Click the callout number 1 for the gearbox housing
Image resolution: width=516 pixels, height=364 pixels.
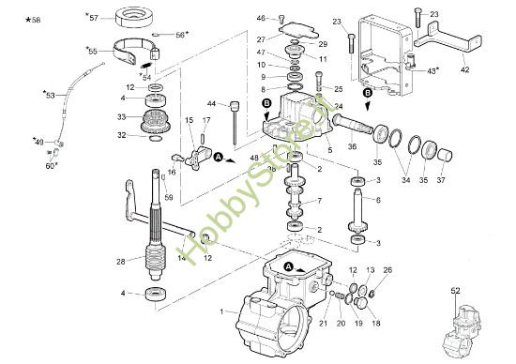pos(220,311)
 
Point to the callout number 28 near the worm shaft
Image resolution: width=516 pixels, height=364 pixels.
pos(121,262)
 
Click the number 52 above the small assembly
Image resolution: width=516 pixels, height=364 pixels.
pos(455,291)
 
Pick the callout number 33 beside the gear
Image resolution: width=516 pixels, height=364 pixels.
pos(121,117)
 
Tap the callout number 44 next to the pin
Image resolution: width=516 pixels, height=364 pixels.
pos(212,103)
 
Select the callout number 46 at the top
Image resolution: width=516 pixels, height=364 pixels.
pos(261,17)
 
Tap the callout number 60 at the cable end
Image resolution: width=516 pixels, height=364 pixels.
pos(51,165)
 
